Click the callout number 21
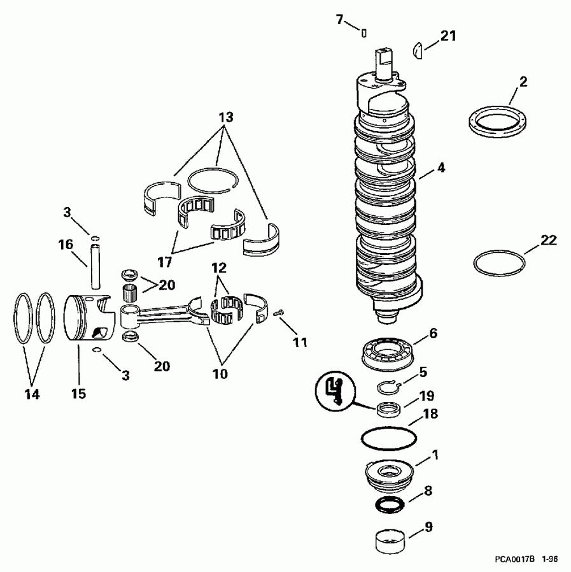tap(449, 36)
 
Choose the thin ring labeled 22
tap(500, 262)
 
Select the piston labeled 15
tap(89, 318)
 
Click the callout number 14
tap(32, 394)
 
